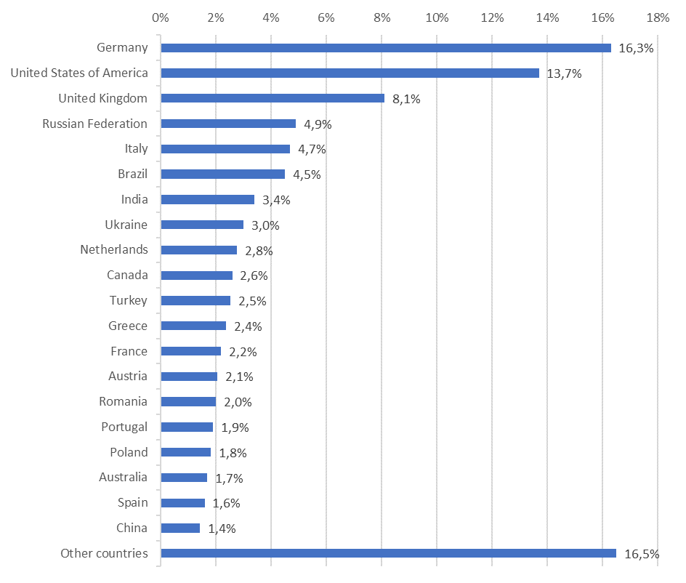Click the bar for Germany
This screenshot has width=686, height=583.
tap(385, 48)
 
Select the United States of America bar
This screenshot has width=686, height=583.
tap(350, 73)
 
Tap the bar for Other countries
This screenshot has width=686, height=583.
tap(388, 553)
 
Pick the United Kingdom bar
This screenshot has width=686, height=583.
tap(273, 98)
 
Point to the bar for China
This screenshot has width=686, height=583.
tap(180, 528)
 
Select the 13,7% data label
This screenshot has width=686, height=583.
tap(564, 73)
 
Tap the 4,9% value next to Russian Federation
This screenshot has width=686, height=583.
tap(318, 124)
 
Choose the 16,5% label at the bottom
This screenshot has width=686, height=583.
tap(642, 554)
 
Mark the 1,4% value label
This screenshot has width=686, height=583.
tap(222, 528)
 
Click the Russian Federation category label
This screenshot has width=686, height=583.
tap(94, 124)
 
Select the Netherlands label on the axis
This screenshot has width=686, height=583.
tap(114, 250)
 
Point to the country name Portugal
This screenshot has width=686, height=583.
tap(124, 427)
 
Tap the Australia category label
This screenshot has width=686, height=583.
tap(123, 478)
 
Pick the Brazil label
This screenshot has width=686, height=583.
tap(132, 174)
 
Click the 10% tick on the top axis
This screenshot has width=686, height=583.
tap(436, 17)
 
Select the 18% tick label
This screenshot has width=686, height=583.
tap(657, 17)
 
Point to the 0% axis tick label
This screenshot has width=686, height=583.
tap(161, 17)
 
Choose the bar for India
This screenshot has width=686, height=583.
tap(207, 199)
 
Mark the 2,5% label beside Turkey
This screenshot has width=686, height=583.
tap(253, 301)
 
